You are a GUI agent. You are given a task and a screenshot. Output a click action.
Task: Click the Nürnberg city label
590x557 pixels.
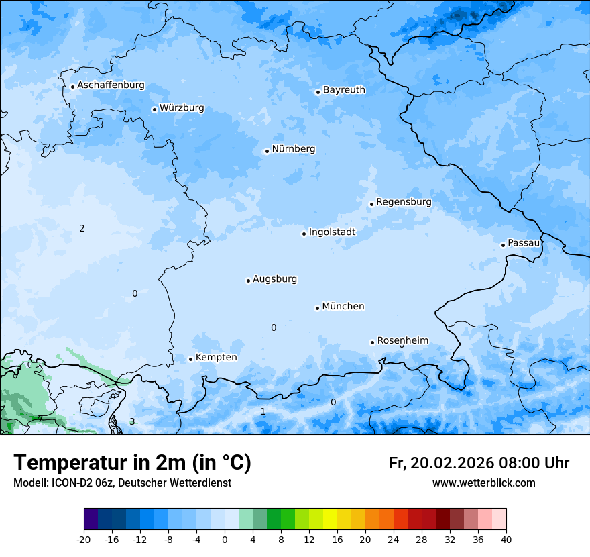coord(293,149)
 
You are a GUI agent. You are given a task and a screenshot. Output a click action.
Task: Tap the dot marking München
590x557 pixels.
coord(317,308)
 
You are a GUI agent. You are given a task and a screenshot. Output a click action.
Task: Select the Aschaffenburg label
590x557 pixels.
coord(111,85)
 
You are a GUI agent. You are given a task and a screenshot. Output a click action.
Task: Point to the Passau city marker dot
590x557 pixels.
coord(503,245)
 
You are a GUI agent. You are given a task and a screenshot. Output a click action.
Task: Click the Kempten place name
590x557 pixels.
coord(216,358)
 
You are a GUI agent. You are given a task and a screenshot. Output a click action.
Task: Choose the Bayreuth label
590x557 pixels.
coord(344,90)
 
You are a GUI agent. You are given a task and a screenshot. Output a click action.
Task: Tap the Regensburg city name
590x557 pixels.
coord(404,202)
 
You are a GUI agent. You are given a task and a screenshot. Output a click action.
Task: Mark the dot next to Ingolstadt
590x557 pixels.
coord(304,234)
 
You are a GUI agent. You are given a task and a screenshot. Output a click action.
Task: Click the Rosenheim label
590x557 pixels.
coord(402,341)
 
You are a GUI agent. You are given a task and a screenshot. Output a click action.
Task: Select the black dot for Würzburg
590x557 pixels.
coord(154,109)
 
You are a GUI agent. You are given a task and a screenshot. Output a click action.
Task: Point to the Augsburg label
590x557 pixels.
coord(275,279)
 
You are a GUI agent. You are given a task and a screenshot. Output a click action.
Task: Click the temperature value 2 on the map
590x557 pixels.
coord(82,229)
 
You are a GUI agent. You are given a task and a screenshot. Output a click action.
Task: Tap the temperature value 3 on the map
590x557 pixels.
coord(132,421)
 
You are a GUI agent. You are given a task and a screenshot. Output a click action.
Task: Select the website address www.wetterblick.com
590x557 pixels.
coord(483,483)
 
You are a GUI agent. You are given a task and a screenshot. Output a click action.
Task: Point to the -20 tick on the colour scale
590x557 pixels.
coord(84,539)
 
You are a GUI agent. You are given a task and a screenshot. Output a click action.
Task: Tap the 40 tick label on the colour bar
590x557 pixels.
coord(506,539)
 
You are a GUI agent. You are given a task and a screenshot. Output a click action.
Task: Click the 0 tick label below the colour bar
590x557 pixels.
coord(225,539)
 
